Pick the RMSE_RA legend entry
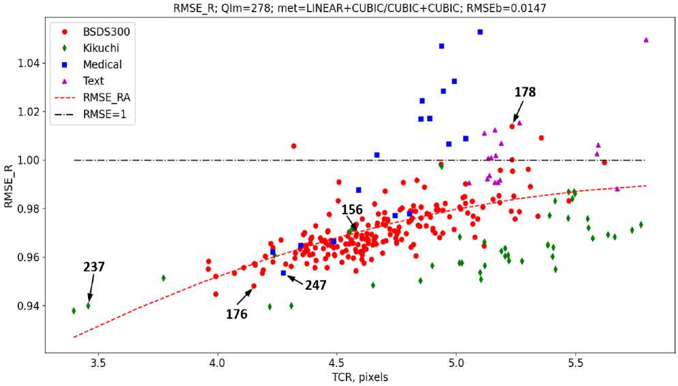point(92,98)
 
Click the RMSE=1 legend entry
point(90,115)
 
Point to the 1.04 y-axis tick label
point(29,63)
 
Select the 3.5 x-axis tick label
point(98,363)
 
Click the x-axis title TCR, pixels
point(360,377)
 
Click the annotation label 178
point(525,92)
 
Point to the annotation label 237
point(94,267)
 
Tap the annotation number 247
point(316,285)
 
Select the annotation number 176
point(237,314)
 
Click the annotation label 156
point(352,209)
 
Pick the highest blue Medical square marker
point(480,32)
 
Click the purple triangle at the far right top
point(646,40)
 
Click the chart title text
point(359,8)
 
